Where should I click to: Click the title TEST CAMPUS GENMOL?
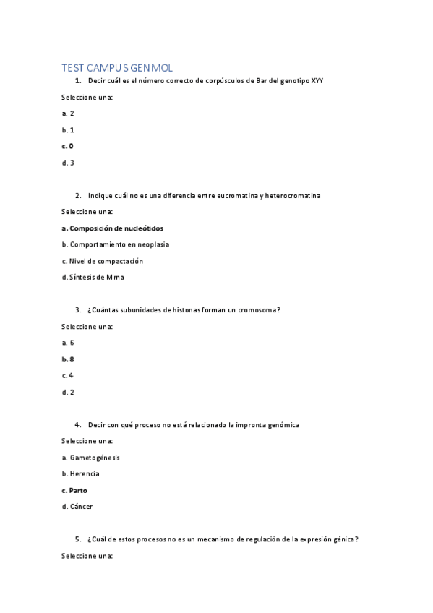(x=117, y=67)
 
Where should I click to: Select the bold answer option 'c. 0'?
(x=68, y=146)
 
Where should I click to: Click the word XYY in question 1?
(x=317, y=80)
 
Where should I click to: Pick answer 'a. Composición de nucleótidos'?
(x=112, y=228)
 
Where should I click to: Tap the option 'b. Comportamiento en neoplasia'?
(x=116, y=244)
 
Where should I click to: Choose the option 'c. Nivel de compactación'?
(x=103, y=261)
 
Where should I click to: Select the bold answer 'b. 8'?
(x=68, y=359)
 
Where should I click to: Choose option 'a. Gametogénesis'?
(x=91, y=458)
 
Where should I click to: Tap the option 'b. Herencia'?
(x=81, y=474)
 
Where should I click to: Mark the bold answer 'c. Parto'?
(x=74, y=490)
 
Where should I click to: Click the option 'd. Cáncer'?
(x=77, y=507)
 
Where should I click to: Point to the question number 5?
(x=77, y=539)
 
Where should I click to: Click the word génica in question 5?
(x=343, y=539)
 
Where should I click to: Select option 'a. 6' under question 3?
(x=68, y=343)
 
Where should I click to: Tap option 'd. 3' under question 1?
(x=68, y=163)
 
